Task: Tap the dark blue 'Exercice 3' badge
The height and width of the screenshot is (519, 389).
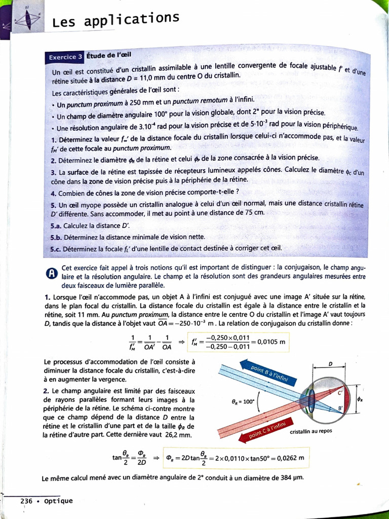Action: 64,57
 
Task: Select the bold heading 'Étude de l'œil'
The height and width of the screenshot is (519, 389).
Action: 110,55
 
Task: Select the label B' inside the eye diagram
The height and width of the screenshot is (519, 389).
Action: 340,409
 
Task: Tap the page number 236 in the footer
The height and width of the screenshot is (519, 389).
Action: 26,501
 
